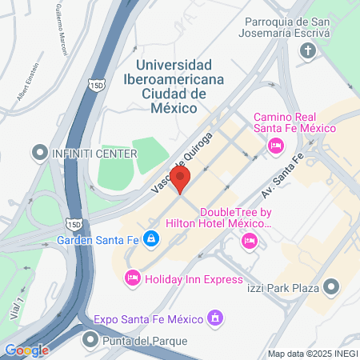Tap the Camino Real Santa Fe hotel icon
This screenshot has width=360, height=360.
pyautogui.click(x=276, y=145)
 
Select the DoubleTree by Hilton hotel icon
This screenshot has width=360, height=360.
pyautogui.click(x=250, y=240)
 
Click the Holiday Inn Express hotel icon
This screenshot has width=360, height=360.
pyautogui.click(x=132, y=278)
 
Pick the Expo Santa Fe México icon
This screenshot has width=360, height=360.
pyautogui.click(x=214, y=319)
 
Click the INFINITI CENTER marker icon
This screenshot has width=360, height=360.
pyautogui.click(x=38, y=152)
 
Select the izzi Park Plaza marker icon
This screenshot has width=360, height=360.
pyautogui.click(x=331, y=286)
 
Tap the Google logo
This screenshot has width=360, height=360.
pyautogui.click(x=26, y=350)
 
